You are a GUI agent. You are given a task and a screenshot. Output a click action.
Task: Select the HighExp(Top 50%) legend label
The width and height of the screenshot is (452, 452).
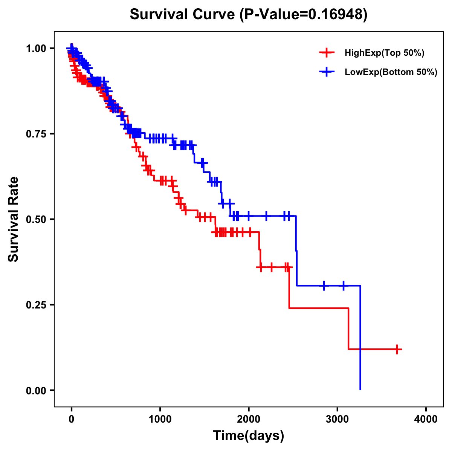[x=384, y=53]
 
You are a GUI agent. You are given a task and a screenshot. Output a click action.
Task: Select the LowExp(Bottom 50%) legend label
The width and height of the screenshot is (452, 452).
[x=391, y=72]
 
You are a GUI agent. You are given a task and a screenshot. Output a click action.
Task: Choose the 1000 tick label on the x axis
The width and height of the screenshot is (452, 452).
[x=160, y=419]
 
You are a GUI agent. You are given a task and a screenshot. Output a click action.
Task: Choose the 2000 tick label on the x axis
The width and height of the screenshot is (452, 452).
[x=249, y=419]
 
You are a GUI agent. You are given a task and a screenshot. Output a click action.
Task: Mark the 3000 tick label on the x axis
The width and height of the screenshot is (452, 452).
[x=337, y=419]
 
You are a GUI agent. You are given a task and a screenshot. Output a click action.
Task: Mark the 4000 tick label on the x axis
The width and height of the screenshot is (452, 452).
[x=426, y=419]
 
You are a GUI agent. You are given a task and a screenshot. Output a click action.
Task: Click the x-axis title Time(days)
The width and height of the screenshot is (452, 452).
[x=249, y=436]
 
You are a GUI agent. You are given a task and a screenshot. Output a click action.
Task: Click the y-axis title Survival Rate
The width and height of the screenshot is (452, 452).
[x=14, y=219]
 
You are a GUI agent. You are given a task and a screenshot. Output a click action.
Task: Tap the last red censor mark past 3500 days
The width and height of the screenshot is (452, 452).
[x=397, y=349]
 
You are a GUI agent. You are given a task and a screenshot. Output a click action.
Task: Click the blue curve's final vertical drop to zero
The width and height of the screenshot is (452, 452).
[x=360, y=339]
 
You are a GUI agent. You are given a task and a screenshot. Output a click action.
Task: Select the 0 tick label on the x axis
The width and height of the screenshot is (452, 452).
[x=72, y=419]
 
